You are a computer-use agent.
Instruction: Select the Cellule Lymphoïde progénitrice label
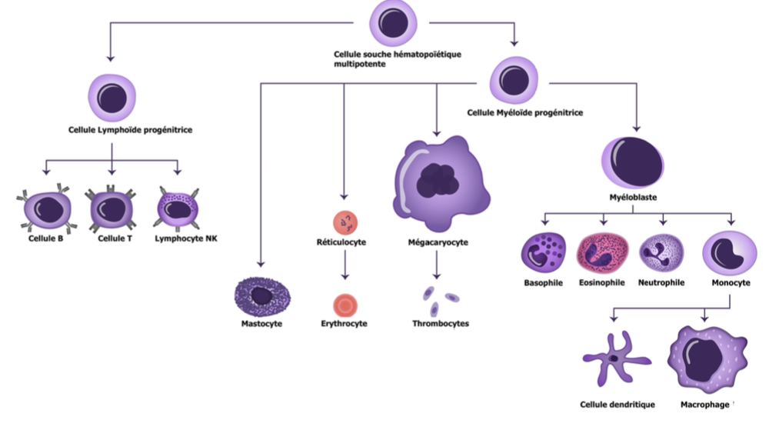pyautogui.click(x=130, y=130)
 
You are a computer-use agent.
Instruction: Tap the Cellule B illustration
pyautogui.click(x=48, y=208)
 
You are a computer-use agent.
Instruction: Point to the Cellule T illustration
pyautogui.click(x=112, y=208)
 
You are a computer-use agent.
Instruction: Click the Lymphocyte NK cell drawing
pyautogui.click(x=178, y=208)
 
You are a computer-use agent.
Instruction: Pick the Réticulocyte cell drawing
pyautogui.click(x=345, y=222)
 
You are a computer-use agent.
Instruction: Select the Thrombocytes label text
pyautogui.click(x=440, y=324)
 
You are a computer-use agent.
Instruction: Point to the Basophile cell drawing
pyautogui.click(x=544, y=253)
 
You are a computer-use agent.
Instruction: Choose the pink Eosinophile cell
pyautogui.click(x=602, y=253)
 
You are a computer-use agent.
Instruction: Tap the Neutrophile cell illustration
pyautogui.click(x=661, y=253)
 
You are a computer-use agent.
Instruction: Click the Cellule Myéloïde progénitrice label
pyautogui.click(x=525, y=112)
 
